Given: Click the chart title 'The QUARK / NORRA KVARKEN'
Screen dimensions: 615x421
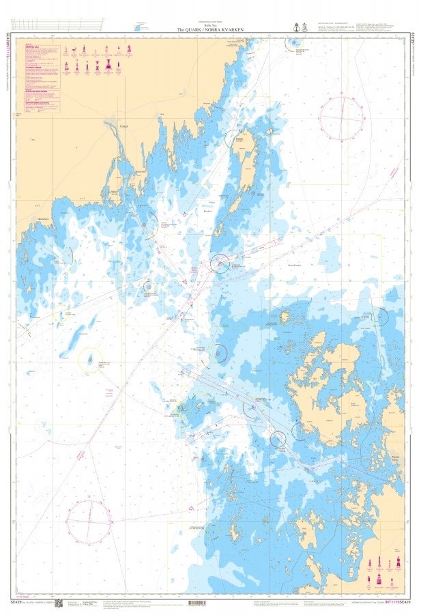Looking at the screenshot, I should point(210,30).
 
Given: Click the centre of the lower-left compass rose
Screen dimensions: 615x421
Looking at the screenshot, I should point(89,522).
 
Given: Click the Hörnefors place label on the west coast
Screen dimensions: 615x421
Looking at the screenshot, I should point(35,219).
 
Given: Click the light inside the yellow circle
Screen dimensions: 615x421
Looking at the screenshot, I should point(89,360).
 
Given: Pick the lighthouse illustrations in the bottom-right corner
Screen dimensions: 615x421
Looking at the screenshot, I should point(383,573).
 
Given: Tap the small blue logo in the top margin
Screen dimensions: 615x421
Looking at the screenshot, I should point(143,26).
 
